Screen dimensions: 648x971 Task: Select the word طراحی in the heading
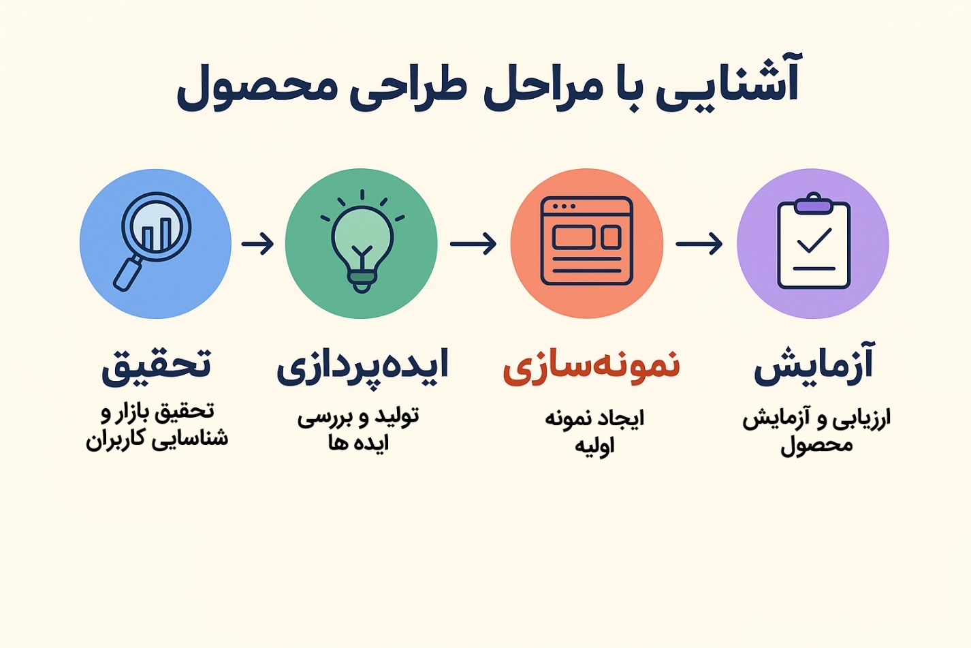pyautogui.click(x=408, y=89)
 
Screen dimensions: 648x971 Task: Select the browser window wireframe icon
pyautogui.click(x=586, y=241)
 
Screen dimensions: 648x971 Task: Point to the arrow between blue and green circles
pyautogui.click(x=257, y=243)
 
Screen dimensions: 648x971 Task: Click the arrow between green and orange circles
pyautogui.click(x=473, y=243)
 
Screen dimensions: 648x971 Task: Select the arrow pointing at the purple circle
pyautogui.click(x=699, y=243)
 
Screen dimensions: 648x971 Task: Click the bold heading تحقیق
pyautogui.click(x=157, y=365)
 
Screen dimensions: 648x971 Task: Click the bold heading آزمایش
pyautogui.click(x=814, y=365)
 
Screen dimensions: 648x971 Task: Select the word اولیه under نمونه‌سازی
pyautogui.click(x=594, y=446)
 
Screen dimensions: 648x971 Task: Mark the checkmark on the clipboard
pyautogui.click(x=814, y=240)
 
